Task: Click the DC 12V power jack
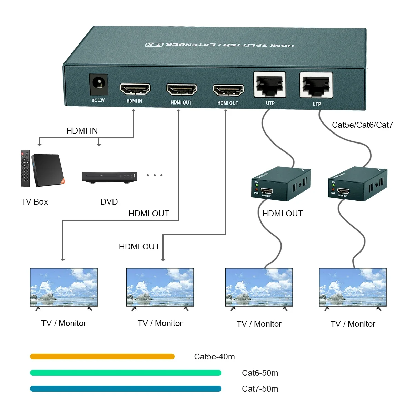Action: (x=99, y=84)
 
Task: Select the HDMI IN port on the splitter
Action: (x=135, y=89)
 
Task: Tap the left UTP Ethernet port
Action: (x=269, y=85)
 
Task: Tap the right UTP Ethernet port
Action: (x=316, y=85)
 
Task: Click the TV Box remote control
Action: (x=25, y=168)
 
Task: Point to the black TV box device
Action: (x=48, y=170)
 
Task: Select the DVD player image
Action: (x=109, y=177)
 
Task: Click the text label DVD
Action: (x=109, y=202)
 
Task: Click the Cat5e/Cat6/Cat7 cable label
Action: (x=362, y=125)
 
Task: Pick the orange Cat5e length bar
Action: (x=102, y=357)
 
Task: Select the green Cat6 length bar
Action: (x=126, y=373)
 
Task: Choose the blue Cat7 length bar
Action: (x=126, y=389)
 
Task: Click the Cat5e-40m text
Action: (x=214, y=357)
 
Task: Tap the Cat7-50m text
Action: (x=260, y=389)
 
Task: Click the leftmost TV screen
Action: (x=64, y=287)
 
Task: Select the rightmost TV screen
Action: (x=353, y=287)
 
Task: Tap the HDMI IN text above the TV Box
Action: (x=82, y=131)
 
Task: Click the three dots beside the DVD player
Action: (x=154, y=175)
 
